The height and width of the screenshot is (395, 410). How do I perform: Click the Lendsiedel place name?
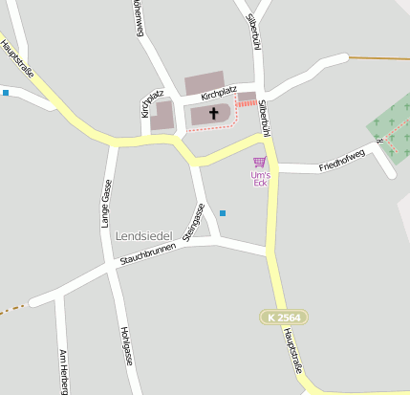[x=144, y=235]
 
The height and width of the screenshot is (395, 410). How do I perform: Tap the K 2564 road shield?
[x=283, y=317]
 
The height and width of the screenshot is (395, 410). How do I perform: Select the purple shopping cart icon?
[x=259, y=162]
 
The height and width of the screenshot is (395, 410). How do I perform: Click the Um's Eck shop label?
[x=260, y=179]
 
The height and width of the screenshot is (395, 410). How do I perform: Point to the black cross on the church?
[x=212, y=114]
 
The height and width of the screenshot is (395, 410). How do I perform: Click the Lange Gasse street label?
[x=106, y=203]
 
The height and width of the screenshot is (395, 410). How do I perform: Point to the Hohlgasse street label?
[x=124, y=346]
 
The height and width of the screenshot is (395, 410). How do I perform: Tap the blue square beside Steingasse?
[x=223, y=212]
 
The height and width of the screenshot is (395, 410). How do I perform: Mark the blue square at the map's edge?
[x=5, y=93]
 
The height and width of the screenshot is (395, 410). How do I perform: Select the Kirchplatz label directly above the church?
[x=218, y=94]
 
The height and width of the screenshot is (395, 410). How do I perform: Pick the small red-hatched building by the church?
[x=247, y=99]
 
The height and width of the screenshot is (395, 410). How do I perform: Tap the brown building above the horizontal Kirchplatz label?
[x=204, y=82]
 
